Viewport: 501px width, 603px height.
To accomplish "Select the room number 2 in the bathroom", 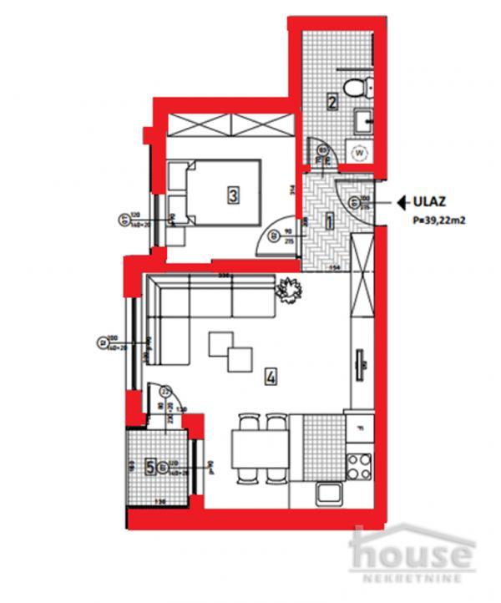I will click(331, 104).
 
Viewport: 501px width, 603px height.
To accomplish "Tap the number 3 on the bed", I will click(234, 195).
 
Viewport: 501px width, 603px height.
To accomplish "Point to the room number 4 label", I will click(270, 377).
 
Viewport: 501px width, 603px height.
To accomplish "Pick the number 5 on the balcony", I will click(150, 467).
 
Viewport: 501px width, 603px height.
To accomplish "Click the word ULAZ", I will click(433, 201).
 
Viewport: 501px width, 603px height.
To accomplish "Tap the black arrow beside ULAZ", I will click(402, 201).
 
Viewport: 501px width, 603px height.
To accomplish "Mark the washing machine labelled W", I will click(360, 153).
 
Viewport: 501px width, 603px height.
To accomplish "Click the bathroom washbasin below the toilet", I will click(364, 122).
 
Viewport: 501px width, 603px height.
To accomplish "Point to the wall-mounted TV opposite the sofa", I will click(362, 365).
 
